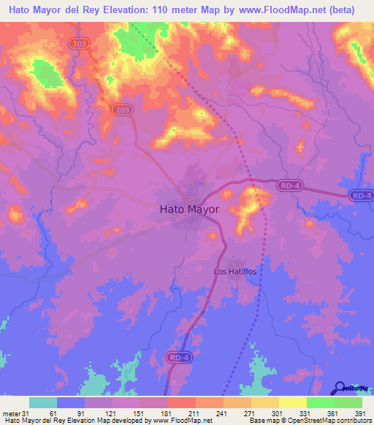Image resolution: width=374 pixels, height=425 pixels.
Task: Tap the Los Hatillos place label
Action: [x=234, y=271]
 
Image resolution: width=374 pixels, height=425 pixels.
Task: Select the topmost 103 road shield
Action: [x=80, y=44]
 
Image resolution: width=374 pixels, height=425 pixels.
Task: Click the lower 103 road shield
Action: [x=123, y=109]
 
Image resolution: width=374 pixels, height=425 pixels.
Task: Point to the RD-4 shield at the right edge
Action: [x=360, y=195]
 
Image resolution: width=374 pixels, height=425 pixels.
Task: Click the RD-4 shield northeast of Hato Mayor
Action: [x=289, y=187]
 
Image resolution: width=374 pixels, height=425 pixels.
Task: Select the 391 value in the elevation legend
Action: [x=359, y=413]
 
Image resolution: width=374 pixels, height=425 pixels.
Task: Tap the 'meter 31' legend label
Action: [x=13, y=413]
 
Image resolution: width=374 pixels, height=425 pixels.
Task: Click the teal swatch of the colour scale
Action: [x=43, y=402]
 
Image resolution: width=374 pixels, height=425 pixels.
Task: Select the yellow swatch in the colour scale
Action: [x=293, y=402]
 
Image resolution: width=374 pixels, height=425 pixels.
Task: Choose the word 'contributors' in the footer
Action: [x=350, y=421]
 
